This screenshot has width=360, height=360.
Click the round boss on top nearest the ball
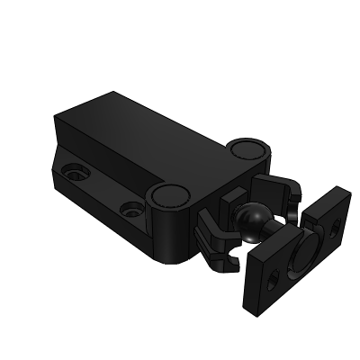click(168, 195)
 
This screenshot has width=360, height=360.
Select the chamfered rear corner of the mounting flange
click(56, 180)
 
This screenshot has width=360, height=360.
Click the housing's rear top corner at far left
click(56, 118)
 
